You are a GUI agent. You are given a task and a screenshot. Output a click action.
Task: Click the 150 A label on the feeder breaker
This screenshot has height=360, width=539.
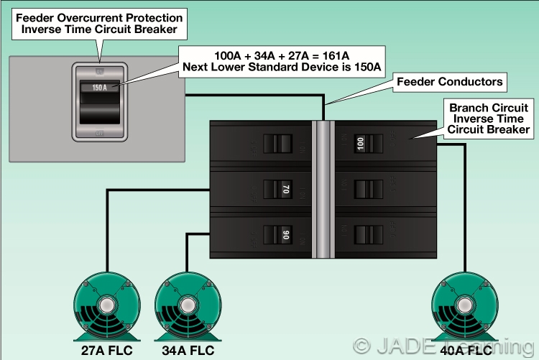coord(101,88)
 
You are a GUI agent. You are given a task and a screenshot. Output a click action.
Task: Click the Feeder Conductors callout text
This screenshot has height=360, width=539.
coord(450,81)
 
